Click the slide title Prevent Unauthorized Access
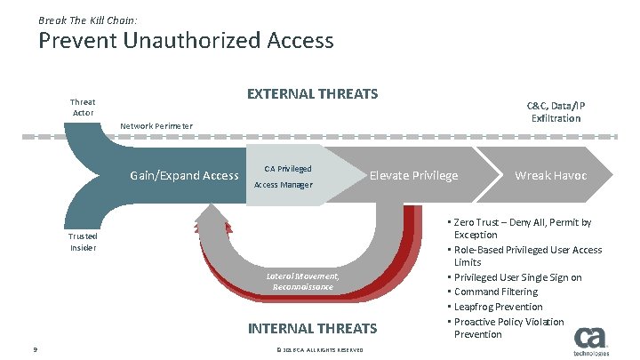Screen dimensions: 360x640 [x=186, y=41]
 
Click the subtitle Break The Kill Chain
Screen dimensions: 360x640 [x=87, y=19]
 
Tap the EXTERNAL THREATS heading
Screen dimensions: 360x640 [x=312, y=94]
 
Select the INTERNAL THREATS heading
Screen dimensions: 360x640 [x=312, y=329]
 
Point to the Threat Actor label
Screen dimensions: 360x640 [x=83, y=108]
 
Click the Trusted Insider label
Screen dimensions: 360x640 [x=83, y=242]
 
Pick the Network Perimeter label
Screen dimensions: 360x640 [x=156, y=125]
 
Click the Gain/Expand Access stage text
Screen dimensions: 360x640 [x=184, y=175]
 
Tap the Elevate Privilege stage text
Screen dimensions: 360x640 [x=413, y=175]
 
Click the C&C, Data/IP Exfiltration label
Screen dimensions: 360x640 [x=556, y=111]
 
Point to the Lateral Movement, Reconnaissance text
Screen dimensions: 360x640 [x=303, y=282]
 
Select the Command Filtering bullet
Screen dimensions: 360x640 [x=495, y=292]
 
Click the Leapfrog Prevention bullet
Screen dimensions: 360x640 [x=498, y=307]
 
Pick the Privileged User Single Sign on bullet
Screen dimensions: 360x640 [x=517, y=277]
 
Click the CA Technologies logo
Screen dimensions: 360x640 [x=589, y=341]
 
